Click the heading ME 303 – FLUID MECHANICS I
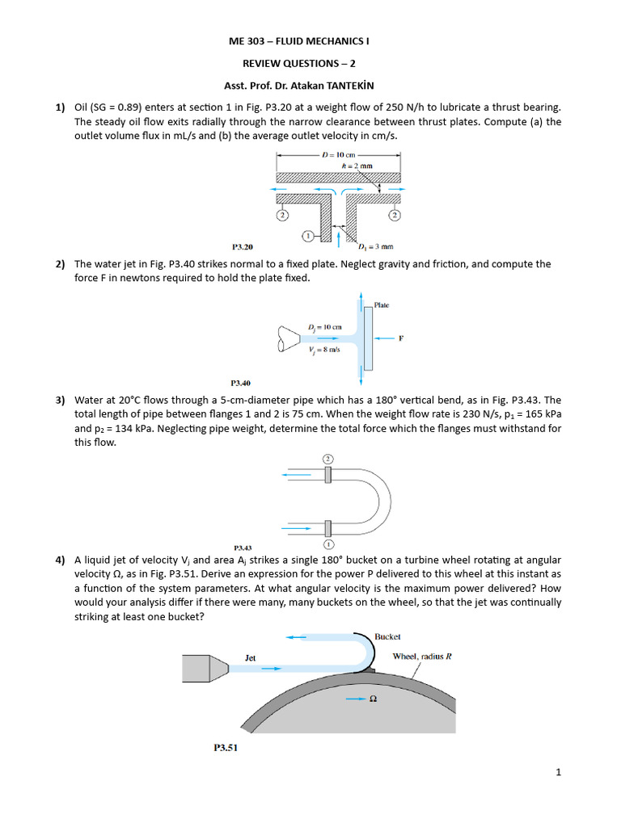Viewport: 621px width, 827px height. pos(310,40)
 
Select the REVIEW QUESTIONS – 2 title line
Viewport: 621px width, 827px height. pos(310,61)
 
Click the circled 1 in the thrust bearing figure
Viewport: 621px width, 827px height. pos(307,236)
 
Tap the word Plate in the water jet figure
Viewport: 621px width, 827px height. pos(382,305)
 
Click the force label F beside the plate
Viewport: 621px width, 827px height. pos(401,338)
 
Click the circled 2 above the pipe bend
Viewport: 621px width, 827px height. pos(327,458)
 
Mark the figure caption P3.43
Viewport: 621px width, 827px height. pos(243,547)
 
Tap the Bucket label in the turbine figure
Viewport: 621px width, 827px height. pos(387,636)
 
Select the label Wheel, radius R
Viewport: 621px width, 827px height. pos(421,656)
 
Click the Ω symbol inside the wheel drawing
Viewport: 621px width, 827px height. pos(373,699)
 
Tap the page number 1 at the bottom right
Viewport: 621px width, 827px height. pos(558,772)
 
